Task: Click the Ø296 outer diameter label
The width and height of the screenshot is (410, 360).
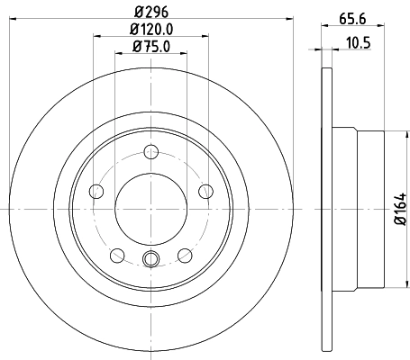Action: coord(150,13)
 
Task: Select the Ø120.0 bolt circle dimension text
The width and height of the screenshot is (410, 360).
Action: coord(150,30)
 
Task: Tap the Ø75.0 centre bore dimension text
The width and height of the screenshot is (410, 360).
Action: coord(150,47)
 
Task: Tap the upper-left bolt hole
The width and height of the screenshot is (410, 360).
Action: coord(96,190)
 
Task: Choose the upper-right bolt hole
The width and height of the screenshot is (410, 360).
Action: coord(205,190)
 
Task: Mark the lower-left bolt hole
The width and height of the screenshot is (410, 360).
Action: coord(116,255)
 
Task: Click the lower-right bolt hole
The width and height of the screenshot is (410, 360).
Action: coord(185,255)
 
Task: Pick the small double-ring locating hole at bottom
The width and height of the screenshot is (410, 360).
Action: coord(150,261)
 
